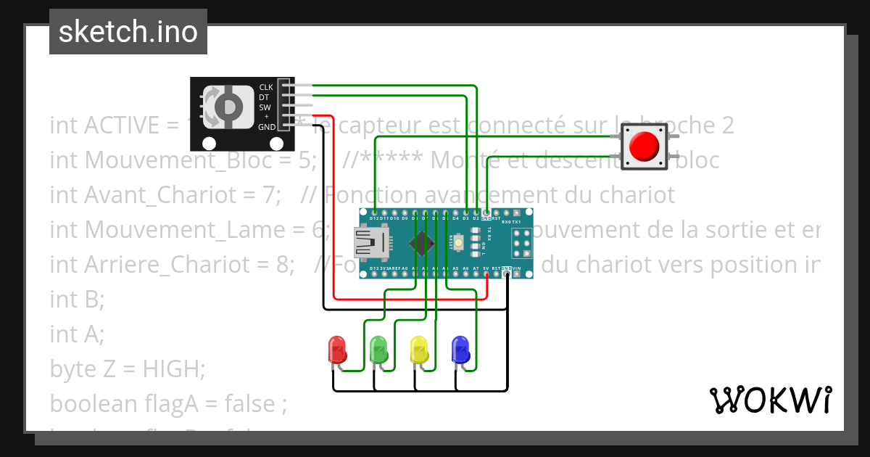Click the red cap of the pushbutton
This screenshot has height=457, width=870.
pyautogui.click(x=644, y=146)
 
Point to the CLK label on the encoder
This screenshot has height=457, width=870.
pyautogui.click(x=266, y=87)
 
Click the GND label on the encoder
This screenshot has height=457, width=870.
pyautogui.click(x=266, y=127)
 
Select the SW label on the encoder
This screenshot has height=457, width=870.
pyautogui.click(x=265, y=107)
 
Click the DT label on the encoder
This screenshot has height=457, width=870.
pyautogui.click(x=265, y=97)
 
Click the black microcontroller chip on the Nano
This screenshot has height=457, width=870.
pyautogui.click(x=423, y=242)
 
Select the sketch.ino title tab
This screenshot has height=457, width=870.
pyautogui.click(x=128, y=32)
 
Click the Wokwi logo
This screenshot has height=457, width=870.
pyautogui.click(x=770, y=400)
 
